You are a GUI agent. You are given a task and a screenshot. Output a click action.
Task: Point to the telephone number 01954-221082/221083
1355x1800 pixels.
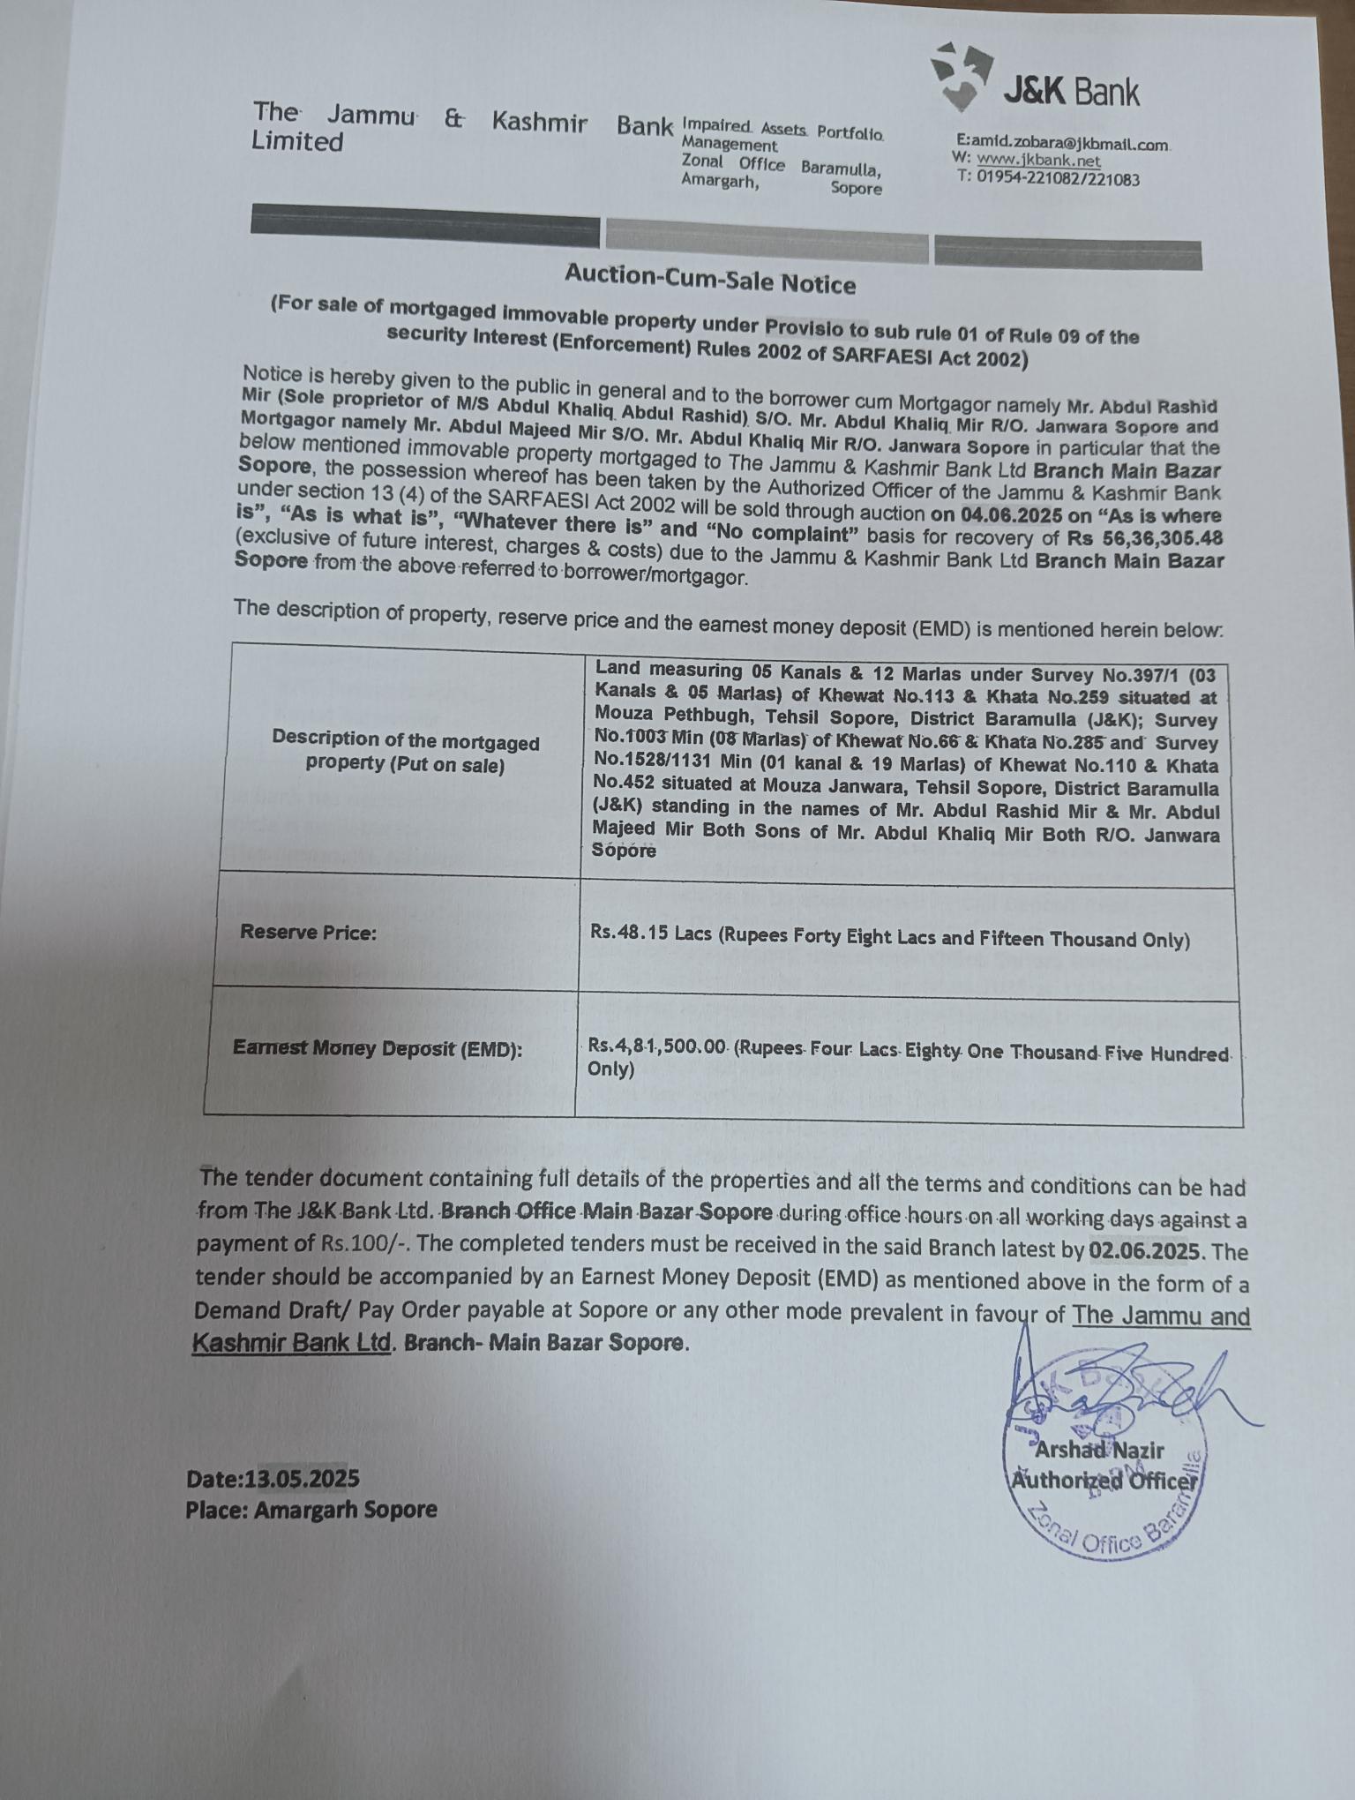[1058, 179]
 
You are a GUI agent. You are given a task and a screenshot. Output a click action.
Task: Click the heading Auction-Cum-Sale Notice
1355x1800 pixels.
[710, 280]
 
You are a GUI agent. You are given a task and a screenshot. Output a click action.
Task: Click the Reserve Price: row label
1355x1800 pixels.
[308, 932]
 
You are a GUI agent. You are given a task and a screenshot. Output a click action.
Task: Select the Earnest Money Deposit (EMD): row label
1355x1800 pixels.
[377, 1048]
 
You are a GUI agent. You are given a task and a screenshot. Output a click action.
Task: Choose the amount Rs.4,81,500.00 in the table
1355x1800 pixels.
[657, 1046]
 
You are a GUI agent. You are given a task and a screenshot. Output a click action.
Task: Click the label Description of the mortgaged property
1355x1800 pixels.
[405, 752]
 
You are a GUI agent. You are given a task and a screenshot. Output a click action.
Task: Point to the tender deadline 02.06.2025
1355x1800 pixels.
[1144, 1250]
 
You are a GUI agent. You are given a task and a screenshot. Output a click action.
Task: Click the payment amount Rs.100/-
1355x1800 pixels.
[366, 1244]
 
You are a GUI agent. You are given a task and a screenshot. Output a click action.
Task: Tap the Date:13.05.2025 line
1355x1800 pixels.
[273, 1479]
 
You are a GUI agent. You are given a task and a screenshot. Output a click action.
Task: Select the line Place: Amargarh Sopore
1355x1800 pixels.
[311, 1510]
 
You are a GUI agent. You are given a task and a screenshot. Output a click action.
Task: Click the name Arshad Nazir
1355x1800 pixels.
[1099, 1450]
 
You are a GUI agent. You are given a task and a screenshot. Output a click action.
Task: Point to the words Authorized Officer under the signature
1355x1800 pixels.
[1103, 1481]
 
